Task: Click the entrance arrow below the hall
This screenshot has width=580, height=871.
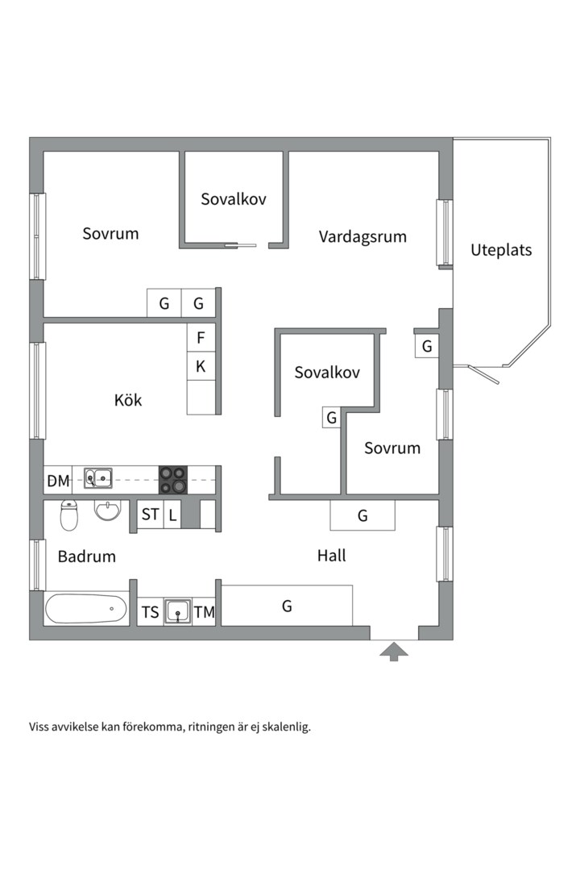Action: [394, 651]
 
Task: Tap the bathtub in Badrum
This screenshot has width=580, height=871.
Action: [86, 609]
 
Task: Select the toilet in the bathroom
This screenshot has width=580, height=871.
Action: [69, 515]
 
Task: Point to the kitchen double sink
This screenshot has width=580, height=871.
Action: [97, 479]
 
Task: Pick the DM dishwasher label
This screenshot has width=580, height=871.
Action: [58, 481]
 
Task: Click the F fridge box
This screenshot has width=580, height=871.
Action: [201, 337]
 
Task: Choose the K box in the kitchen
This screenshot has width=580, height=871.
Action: [201, 366]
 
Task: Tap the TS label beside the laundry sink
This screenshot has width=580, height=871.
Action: [151, 612]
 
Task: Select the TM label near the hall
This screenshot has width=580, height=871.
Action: [205, 612]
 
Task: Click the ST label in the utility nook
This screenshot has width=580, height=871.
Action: [151, 515]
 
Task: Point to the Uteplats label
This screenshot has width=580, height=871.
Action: [501, 250]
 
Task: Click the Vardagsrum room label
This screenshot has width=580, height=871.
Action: [362, 237]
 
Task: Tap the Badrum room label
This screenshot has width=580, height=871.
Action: [87, 556]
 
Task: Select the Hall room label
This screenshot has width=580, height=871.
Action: [331, 556]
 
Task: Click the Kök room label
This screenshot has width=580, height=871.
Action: [128, 399]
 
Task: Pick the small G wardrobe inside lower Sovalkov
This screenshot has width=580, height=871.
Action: [331, 418]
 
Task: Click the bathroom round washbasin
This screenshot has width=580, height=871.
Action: [107, 511]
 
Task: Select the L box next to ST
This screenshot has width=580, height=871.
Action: [172, 515]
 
